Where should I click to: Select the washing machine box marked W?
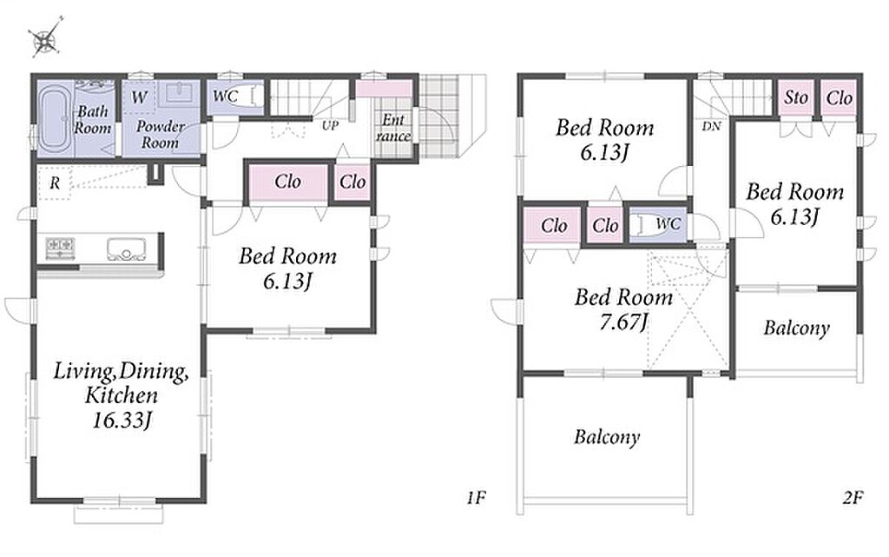click(x=138, y=97)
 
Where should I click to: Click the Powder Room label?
click(x=161, y=135)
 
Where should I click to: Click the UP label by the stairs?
click(x=330, y=125)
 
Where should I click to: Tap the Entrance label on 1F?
click(x=393, y=128)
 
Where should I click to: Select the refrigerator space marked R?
click(x=55, y=183)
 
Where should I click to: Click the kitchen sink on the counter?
click(x=126, y=249)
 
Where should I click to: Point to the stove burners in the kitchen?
click(x=60, y=248)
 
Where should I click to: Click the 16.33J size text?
click(x=122, y=421)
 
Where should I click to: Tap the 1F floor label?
click(x=477, y=498)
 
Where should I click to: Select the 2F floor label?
click(x=853, y=498)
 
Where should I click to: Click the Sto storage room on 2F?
click(x=796, y=98)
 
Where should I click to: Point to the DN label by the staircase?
click(x=711, y=126)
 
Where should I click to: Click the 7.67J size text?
click(x=623, y=322)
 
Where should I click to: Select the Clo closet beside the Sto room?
click(x=840, y=98)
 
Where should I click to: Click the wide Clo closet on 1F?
click(x=288, y=182)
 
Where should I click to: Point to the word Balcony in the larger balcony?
click(x=607, y=437)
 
